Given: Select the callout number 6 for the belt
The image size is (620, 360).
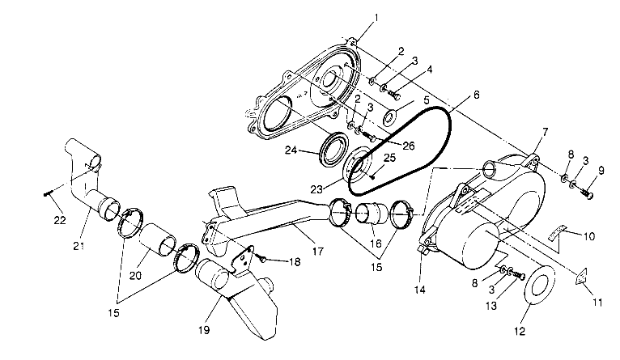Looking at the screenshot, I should coord(476,95).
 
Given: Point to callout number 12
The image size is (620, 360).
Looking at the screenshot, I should coord(520,330).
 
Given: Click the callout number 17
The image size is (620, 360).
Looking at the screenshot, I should coord(317,252).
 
